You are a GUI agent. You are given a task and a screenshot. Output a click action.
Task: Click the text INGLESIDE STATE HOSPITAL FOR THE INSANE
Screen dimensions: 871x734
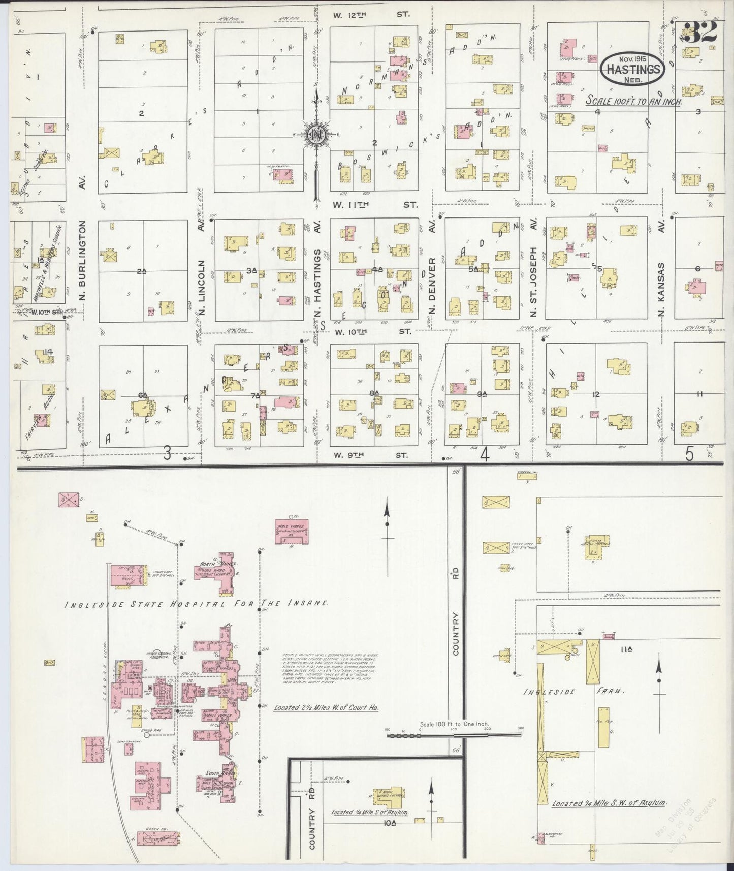click(196, 604)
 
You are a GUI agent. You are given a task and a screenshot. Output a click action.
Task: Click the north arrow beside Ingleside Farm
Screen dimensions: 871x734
click(659, 678)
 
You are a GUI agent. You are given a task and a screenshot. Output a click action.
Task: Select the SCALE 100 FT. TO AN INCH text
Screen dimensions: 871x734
click(633, 101)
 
